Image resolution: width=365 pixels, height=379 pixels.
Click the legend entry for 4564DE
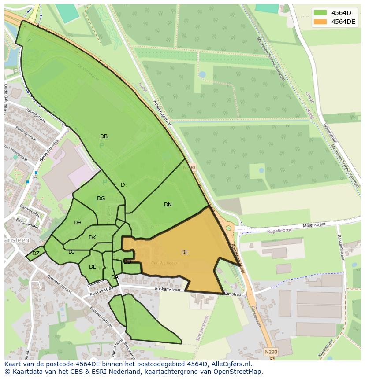[x=343, y=22]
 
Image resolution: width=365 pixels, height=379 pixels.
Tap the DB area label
[x=104, y=136]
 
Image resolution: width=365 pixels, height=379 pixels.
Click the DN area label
[x=168, y=205]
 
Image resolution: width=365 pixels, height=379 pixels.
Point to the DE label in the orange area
[x=185, y=252]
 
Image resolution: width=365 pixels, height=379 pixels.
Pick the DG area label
[x=101, y=199]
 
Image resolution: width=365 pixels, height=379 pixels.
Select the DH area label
[x=78, y=223]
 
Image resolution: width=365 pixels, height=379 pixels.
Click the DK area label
[x=92, y=238]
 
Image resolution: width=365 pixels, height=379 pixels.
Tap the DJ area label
[x=71, y=252]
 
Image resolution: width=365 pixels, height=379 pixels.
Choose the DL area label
[x=92, y=267]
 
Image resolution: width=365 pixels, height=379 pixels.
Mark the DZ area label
[x=36, y=254]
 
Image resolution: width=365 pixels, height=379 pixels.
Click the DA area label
[x=115, y=277]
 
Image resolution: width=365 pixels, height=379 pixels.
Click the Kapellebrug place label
[x=279, y=230]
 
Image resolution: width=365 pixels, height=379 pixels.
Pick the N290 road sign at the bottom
[x=271, y=352]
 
